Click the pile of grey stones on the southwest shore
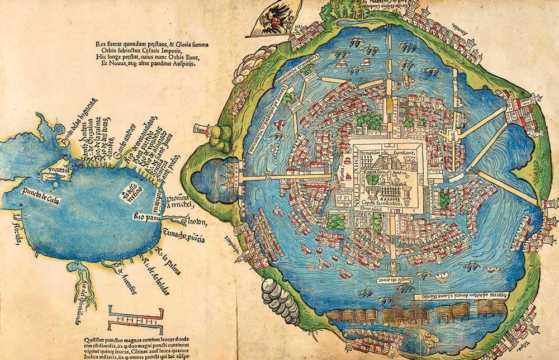(x=280, y=296)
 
